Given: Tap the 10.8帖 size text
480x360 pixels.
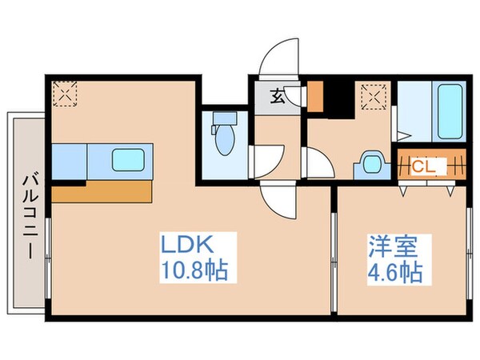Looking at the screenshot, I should [195, 269].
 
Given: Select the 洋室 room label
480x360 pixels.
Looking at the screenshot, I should [389, 244].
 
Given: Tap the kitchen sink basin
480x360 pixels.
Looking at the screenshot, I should [127, 159].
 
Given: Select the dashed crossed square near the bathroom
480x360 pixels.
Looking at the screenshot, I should [372, 98].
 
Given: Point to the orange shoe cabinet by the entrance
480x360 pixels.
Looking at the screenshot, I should [315, 96].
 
